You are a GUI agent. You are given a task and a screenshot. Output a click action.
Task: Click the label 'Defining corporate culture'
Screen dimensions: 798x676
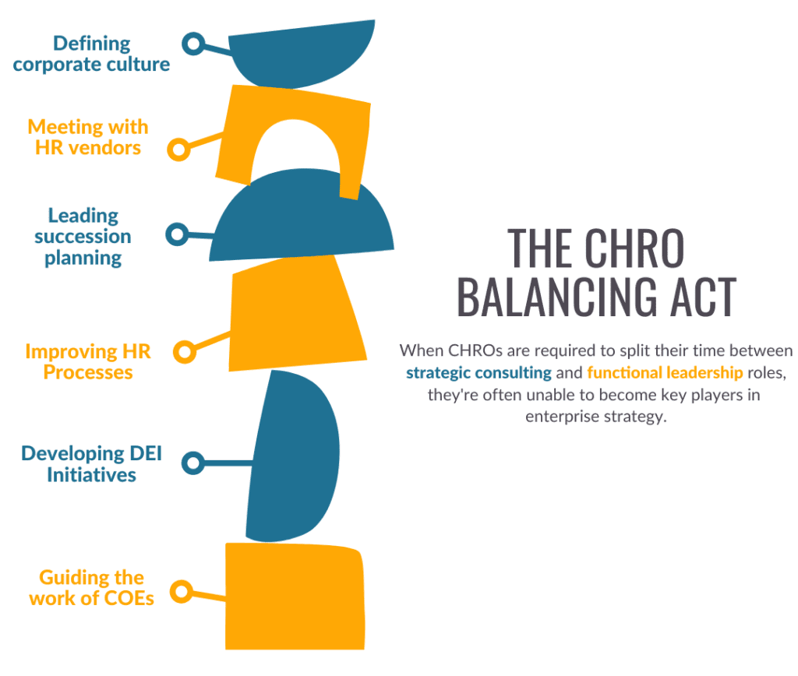[92, 54]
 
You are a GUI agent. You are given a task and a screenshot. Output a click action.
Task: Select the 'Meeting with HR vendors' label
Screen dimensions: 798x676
[88, 137]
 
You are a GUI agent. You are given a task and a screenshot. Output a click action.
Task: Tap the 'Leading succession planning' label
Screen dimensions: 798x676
[83, 237]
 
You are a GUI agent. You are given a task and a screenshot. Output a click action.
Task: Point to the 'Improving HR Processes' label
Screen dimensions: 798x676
[88, 361]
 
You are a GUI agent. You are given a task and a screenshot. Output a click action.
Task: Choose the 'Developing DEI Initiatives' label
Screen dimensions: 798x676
[92, 464]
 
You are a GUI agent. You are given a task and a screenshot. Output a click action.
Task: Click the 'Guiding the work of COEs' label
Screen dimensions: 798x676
[92, 588]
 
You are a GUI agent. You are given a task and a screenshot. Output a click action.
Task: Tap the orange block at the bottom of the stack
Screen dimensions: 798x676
[295, 596]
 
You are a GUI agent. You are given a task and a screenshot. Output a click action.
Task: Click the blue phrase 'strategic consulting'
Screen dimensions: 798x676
[478, 373]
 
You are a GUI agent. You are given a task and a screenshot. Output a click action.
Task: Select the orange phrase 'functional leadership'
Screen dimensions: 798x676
[665, 373]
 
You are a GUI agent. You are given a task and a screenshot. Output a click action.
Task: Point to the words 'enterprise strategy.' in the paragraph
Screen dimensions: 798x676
[596, 417]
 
